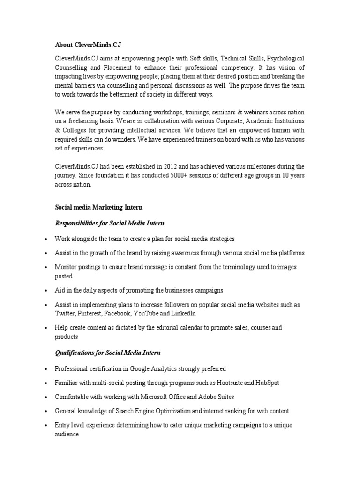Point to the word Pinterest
[90, 313]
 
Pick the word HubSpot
[267, 382]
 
